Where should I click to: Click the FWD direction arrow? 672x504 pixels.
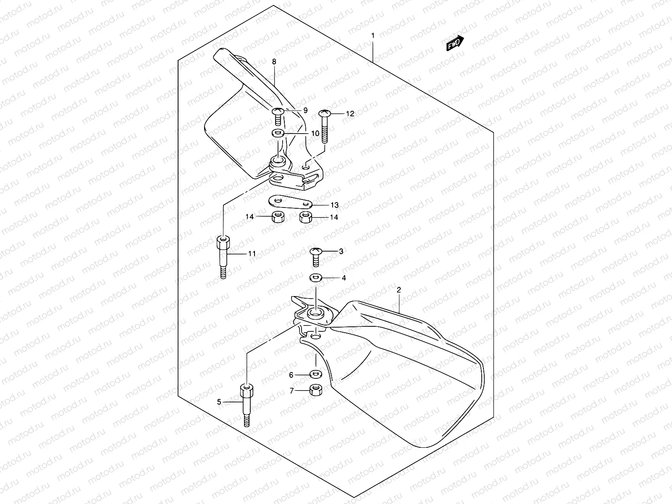coord(455,43)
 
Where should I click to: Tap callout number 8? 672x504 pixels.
coord(274,62)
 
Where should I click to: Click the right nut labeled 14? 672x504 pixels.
coord(305,218)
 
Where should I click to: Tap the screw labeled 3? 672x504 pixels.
coord(316,256)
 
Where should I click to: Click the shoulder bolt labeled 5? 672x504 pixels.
coord(246,403)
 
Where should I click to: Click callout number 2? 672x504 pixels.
coord(399,290)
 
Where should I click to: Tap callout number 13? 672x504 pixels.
coord(334,205)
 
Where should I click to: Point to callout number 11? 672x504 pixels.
coord(252,254)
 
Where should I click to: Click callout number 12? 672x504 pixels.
coord(350,113)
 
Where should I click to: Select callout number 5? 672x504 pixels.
coord(219,402)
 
